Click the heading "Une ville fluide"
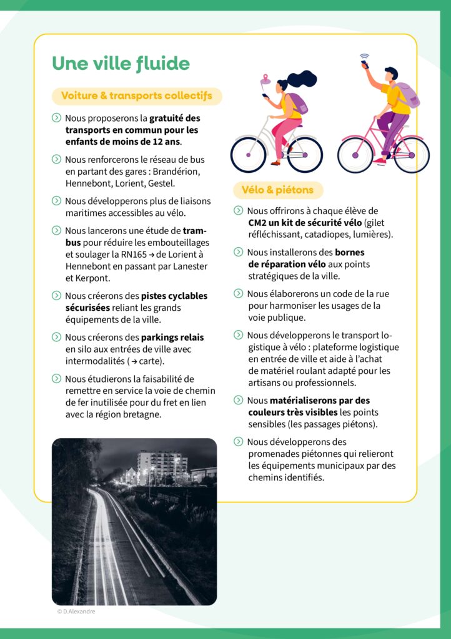point(121,64)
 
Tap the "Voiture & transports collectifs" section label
point(136,96)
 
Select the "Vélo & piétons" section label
point(278,190)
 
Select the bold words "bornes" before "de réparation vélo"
point(350,253)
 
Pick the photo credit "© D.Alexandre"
point(76,612)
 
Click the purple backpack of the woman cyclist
point(295,104)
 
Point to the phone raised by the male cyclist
point(365,64)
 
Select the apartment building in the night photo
point(162,466)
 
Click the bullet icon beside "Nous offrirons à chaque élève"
point(238,211)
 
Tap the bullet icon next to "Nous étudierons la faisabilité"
point(56,379)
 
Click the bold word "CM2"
point(258,223)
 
